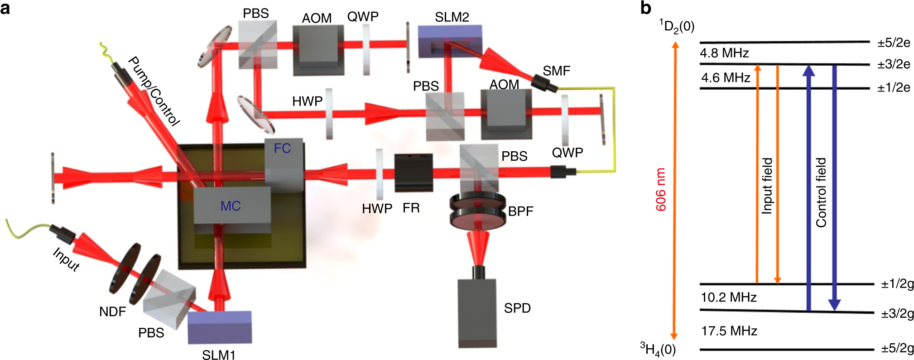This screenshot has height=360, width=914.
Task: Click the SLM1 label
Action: point(218,355)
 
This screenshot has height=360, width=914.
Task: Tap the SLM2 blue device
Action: point(449,41)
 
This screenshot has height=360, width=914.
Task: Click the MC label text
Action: point(230,206)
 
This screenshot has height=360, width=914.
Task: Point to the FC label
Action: point(282,149)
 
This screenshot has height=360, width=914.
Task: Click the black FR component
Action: point(413,173)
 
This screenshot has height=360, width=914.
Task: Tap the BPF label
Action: point(520,211)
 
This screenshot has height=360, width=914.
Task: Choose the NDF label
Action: point(112,312)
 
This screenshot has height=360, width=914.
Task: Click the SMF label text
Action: point(556,71)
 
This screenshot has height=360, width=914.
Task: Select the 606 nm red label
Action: point(661,189)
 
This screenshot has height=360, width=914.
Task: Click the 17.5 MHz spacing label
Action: point(729,331)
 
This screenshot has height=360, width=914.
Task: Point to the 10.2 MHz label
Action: point(729,298)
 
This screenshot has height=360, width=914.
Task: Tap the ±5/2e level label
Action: point(894,43)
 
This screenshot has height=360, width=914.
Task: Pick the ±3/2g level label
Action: point(897,313)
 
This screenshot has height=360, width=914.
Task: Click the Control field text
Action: point(821,192)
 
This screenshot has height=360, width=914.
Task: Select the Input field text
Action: point(766,186)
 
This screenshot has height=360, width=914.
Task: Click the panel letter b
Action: point(645,8)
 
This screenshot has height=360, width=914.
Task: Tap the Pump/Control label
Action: point(154,91)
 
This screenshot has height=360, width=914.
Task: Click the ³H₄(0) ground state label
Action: point(658,349)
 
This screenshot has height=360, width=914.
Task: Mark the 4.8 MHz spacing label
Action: point(724,53)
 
